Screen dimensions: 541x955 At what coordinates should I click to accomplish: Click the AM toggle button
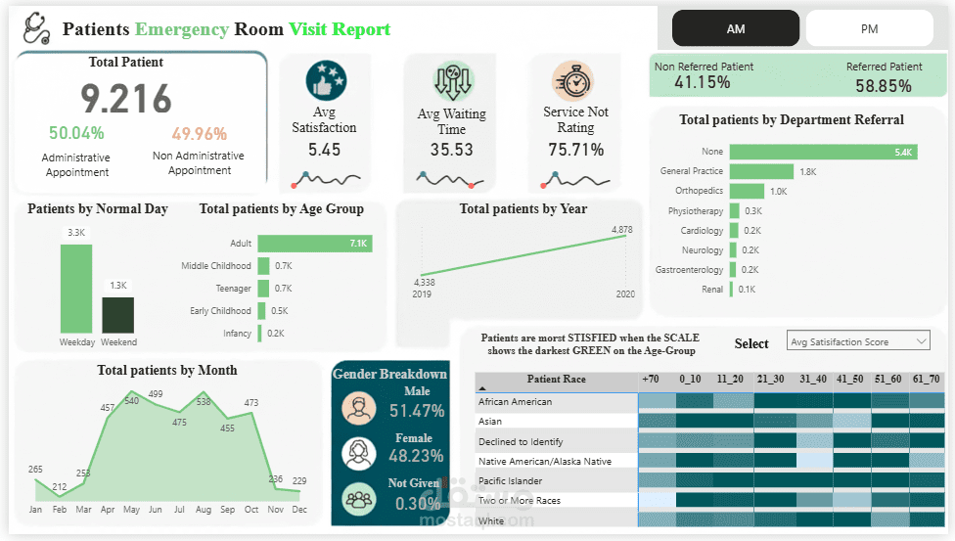click(736, 29)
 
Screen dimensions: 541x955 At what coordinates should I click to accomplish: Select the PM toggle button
click(869, 29)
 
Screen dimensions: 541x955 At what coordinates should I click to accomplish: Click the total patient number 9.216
click(126, 99)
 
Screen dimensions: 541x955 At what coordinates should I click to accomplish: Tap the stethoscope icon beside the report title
click(36, 27)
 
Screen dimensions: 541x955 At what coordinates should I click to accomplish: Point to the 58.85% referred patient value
click(883, 85)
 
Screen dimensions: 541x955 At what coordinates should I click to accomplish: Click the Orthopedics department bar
click(747, 191)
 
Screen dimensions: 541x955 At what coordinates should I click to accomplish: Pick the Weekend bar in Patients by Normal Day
click(118, 314)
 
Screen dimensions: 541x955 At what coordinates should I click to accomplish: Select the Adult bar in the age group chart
click(314, 244)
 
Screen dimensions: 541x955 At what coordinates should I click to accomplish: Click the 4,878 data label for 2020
click(622, 230)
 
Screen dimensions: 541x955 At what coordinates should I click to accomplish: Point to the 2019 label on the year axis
click(422, 293)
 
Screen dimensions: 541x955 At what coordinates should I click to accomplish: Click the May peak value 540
click(131, 401)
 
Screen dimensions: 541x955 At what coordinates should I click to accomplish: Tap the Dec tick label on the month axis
click(298, 510)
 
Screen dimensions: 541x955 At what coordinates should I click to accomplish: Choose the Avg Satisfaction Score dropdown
click(857, 341)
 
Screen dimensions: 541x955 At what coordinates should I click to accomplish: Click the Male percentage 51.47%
click(416, 411)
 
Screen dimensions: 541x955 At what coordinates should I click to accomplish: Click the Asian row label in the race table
click(490, 422)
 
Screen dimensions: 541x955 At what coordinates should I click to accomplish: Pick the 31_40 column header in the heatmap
click(812, 379)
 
